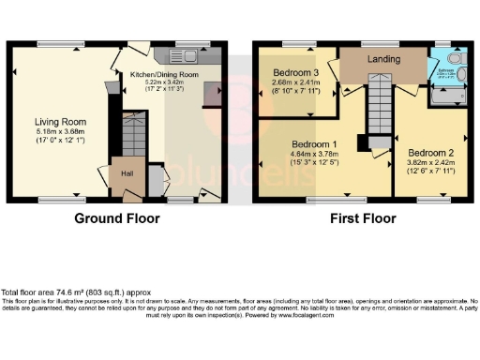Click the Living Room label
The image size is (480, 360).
(61, 122)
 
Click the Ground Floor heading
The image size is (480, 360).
(118, 218)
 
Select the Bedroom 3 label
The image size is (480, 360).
(295, 72)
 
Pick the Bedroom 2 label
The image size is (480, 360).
(427, 152)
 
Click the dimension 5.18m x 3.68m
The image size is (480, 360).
(61, 132)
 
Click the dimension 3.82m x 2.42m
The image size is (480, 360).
(427, 162)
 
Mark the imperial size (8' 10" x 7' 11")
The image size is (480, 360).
(296, 92)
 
